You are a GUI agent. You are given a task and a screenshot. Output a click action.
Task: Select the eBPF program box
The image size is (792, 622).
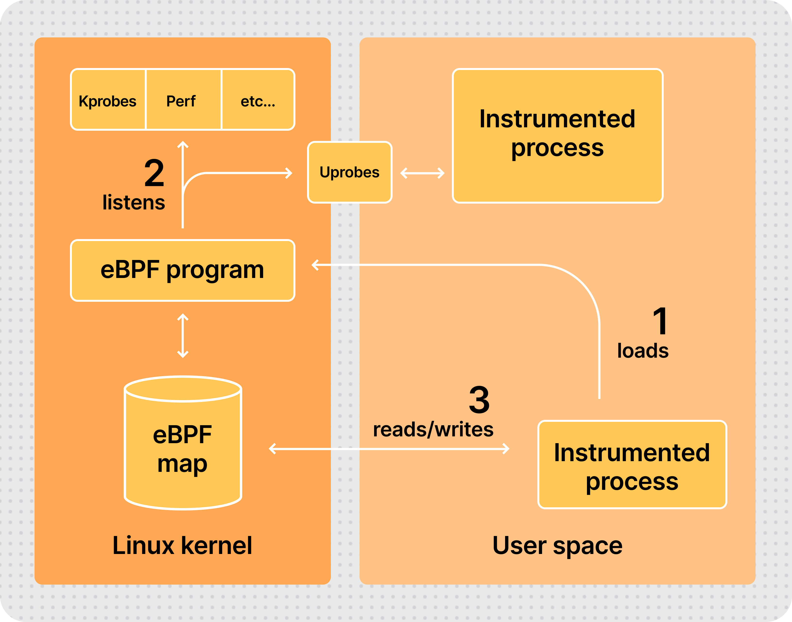182,270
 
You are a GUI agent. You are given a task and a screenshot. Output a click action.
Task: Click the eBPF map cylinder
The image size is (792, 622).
183,448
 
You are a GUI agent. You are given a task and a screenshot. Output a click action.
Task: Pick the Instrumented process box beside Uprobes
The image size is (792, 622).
558,136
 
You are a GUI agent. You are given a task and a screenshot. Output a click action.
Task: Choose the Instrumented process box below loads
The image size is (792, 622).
632,465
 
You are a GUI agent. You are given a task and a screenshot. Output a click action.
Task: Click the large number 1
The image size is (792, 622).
660,321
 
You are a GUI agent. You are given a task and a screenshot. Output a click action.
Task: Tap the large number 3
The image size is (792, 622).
479,400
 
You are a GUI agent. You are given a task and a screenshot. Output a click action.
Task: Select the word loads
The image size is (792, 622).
643,351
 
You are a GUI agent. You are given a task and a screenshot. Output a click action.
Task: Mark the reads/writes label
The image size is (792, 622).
433,430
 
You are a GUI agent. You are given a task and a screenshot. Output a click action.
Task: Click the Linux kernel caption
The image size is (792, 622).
182,545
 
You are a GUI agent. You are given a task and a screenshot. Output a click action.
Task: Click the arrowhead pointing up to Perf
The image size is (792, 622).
183,144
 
